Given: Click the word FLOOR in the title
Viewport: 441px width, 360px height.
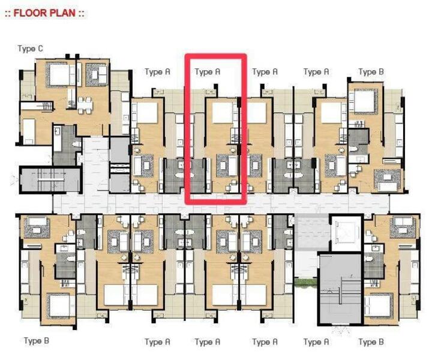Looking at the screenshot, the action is tap(31, 13).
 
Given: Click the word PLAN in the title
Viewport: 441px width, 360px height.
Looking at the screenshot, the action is tap(63, 13).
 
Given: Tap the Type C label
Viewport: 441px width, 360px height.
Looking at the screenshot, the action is tap(31, 49).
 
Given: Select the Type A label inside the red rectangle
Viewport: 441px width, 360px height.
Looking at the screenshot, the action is tap(207, 72).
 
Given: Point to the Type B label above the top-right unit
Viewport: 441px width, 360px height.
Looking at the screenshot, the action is tap(371, 72).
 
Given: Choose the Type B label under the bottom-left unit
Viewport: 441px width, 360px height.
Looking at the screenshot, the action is tap(37, 341).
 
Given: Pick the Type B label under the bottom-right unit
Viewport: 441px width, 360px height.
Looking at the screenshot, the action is tap(371, 342).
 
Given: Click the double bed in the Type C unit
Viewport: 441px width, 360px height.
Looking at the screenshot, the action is tap(60, 74).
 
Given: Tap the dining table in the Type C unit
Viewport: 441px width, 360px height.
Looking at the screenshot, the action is tap(85, 105).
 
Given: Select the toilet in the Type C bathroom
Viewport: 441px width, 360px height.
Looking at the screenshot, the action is tap(76, 144).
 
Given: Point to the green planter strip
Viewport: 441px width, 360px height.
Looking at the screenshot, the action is tap(306, 283).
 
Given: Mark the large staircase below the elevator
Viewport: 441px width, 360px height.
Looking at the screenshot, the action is tap(340, 289).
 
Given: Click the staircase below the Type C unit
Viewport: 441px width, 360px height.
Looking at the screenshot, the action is tap(50, 179).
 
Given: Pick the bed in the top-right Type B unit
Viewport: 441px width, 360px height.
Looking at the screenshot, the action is tap(365, 102).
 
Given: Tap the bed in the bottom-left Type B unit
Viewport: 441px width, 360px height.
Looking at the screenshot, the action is tap(59, 306).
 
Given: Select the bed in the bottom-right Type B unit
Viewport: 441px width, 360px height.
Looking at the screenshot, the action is tap(378, 306).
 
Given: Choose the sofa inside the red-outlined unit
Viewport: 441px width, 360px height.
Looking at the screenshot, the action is tap(232, 166).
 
